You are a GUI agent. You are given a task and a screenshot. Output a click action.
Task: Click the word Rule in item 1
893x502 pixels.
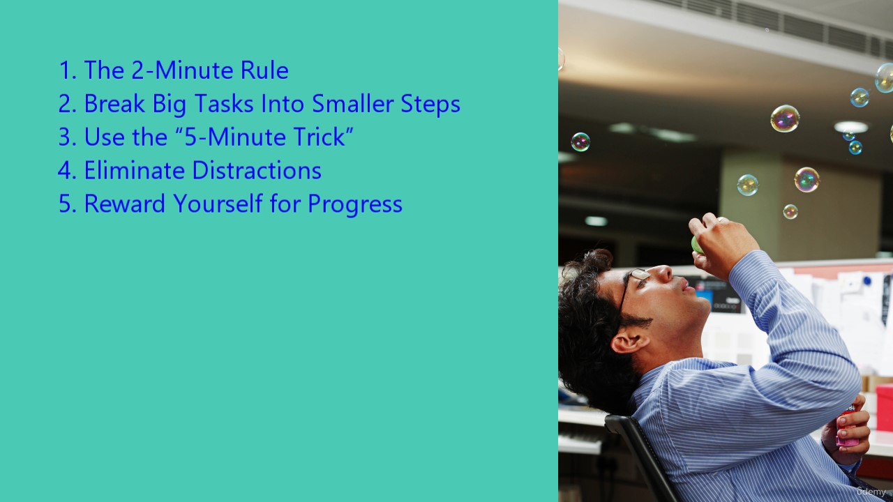click(264, 70)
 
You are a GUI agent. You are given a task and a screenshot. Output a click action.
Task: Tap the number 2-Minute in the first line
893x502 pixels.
click(182, 70)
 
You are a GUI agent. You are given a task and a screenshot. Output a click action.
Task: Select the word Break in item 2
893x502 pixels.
click(114, 104)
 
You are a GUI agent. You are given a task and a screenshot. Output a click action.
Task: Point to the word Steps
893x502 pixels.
click(430, 105)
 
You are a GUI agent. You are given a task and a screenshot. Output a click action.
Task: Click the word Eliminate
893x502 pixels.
click(135, 171)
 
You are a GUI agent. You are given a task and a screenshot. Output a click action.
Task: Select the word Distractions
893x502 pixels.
click(257, 171)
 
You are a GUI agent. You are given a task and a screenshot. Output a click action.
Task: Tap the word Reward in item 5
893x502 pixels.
click(124, 204)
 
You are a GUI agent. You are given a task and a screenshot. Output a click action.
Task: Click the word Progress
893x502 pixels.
click(355, 205)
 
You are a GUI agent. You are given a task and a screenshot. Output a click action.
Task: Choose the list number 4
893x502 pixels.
click(66, 171)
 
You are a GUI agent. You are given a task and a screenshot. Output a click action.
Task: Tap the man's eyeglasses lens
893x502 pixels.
click(640, 274)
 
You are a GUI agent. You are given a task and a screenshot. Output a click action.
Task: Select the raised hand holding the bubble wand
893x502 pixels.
click(721, 245)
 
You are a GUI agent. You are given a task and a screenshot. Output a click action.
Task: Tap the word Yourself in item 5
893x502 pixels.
click(218, 204)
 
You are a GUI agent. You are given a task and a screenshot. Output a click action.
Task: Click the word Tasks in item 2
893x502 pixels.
click(224, 104)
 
